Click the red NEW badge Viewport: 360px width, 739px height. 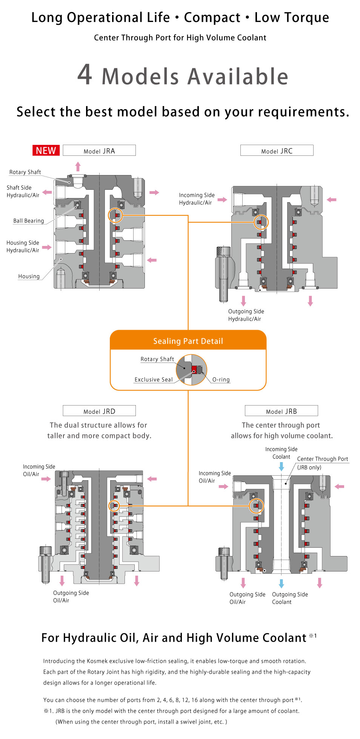click(46, 151)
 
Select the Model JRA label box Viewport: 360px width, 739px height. click(99, 151)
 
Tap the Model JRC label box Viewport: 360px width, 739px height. click(277, 151)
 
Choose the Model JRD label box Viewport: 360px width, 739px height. click(99, 411)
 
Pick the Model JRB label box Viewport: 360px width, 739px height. click(281, 411)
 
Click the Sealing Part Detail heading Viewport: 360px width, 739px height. click(188, 341)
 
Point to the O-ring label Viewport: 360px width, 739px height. click(221, 379)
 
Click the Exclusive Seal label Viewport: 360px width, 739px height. click(154, 379)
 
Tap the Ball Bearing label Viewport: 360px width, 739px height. click(29, 221)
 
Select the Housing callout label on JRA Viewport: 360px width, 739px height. click(29, 276)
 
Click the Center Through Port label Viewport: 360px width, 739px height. click(322, 459)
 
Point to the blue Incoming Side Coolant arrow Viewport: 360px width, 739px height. click(281, 467)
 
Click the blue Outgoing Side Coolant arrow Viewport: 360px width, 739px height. click(281, 583)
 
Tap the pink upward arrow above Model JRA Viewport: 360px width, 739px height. click(78, 166)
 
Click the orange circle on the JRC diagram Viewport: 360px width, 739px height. click(261, 222)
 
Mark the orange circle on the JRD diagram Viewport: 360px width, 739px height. click(114, 506)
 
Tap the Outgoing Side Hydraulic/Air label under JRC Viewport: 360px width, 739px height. click(246, 315)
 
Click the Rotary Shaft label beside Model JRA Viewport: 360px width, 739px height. click(25, 172)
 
